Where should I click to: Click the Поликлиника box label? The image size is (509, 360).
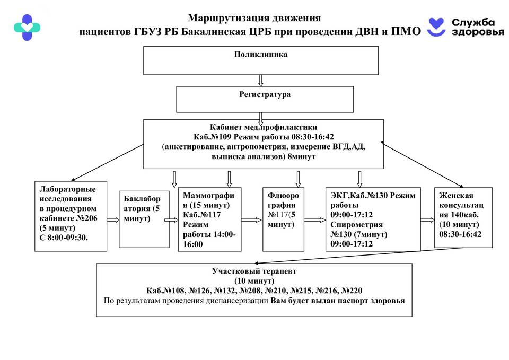click(260, 54)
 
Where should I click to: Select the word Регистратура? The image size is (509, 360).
click(261, 95)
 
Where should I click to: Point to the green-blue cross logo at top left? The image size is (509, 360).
click(27, 28)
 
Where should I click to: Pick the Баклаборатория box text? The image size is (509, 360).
click(138, 208)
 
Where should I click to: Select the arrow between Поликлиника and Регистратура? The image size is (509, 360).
click(260, 80)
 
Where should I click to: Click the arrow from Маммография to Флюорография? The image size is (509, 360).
click(252, 218)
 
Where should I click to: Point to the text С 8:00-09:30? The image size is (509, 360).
click(64, 237)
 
